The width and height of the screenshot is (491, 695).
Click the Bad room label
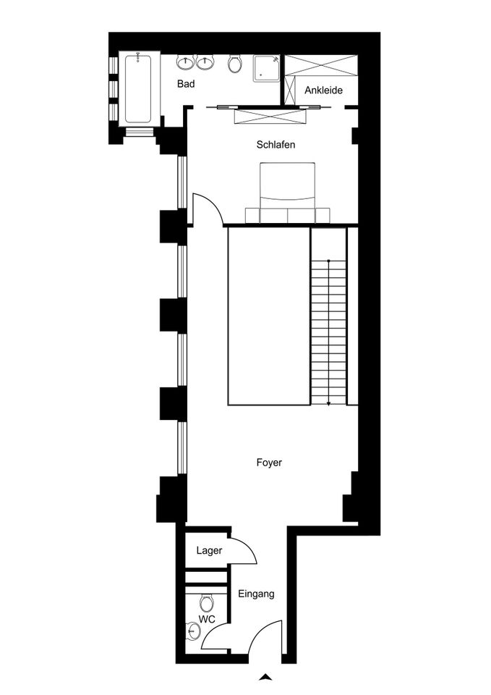pyautogui.click(x=186, y=84)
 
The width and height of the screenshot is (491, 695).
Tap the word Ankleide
pyautogui.click(x=324, y=90)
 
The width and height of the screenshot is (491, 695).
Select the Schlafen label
pyautogui.click(x=276, y=145)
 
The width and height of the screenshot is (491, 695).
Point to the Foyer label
pyautogui.click(x=269, y=463)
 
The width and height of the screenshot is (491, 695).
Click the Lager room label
pyautogui.click(x=209, y=550)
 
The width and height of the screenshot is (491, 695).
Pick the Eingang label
pyautogui.click(x=257, y=594)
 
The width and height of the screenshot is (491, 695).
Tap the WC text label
pyautogui.click(x=207, y=619)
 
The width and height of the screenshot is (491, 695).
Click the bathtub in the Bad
pyautogui.click(x=137, y=88)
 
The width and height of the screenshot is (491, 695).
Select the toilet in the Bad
pyautogui.click(x=234, y=64)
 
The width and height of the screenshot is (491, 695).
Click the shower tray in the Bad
pyautogui.click(x=267, y=68)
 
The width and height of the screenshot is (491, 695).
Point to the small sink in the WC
pyautogui.click(x=192, y=631)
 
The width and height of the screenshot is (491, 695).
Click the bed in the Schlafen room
pyautogui.click(x=288, y=193)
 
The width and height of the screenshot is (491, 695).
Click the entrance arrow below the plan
pyautogui.click(x=265, y=677)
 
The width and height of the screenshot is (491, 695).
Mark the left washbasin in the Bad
pyautogui.click(x=184, y=62)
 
